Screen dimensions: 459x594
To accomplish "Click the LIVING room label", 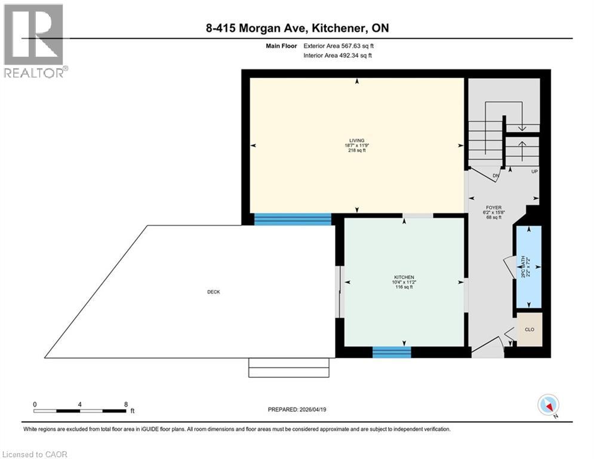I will point(357,140).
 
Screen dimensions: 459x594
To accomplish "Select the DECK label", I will point(213,292).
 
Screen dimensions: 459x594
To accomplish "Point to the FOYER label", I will point(493,207).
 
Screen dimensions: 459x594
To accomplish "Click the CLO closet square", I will point(529,329).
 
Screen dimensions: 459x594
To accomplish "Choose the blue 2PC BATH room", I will point(528,267).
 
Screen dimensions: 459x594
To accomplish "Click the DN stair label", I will point(495,175).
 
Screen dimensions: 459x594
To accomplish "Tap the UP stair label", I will point(534,171).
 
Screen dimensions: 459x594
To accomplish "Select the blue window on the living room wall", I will point(293,219).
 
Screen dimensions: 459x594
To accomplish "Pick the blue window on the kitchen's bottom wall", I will point(392,352).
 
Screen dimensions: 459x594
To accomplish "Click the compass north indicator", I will point(548,405).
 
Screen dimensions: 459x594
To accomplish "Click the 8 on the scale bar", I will point(126,404).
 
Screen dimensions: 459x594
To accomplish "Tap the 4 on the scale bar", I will point(80,404).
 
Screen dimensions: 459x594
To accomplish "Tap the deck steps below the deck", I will point(289,368).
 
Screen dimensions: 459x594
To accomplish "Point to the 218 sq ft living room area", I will point(357,151).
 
